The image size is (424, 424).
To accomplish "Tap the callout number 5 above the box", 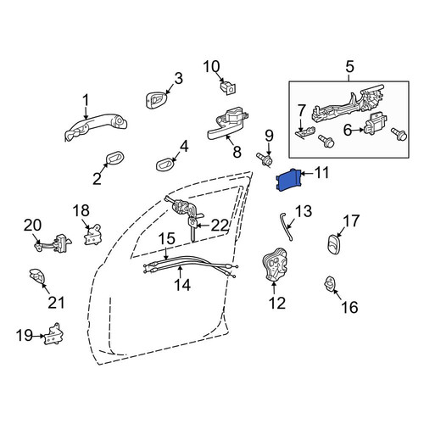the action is [349, 67].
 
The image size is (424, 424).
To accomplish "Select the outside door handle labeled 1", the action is [96, 126].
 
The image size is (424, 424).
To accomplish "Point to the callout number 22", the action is [220, 226].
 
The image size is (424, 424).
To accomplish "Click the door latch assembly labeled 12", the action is [274, 265].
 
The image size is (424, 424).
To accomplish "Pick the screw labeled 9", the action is [265, 159].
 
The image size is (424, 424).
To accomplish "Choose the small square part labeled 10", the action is [228, 87].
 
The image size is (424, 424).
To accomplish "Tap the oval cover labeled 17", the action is [334, 243].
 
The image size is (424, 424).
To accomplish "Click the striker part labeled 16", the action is [330, 284].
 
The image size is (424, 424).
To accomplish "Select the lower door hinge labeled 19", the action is [53, 334].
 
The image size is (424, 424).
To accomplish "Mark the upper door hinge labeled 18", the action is [92, 235].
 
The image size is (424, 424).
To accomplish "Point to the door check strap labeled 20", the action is [53, 243].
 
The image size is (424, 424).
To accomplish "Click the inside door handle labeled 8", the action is [226, 125].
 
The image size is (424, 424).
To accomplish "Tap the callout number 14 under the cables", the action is [182, 285].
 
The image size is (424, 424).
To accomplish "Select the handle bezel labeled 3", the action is [156, 100].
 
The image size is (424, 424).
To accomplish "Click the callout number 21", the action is [57, 303].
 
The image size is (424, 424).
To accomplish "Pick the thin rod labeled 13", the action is [286, 227].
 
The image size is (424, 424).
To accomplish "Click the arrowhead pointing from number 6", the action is [361, 130].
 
